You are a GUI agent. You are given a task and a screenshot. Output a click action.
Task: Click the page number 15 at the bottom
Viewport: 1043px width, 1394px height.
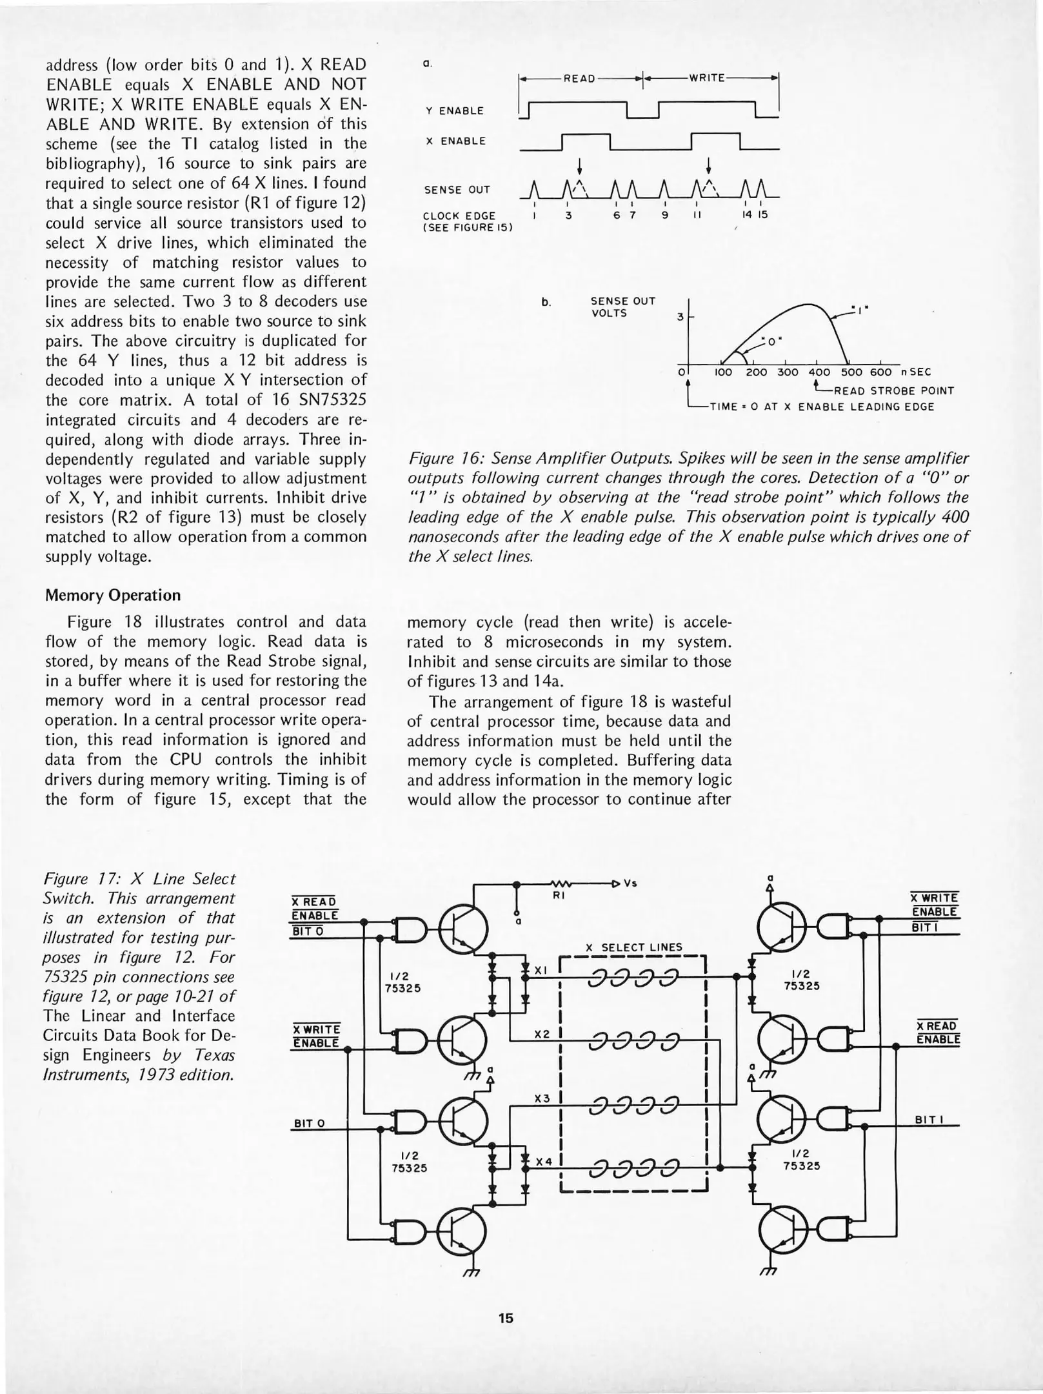coord(506,1318)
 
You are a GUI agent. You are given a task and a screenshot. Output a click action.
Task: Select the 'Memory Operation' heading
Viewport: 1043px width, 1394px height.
coord(113,595)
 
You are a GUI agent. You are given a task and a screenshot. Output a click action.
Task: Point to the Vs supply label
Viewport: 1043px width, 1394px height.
coord(630,884)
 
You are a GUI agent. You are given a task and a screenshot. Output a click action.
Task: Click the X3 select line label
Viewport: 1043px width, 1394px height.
coord(542,1098)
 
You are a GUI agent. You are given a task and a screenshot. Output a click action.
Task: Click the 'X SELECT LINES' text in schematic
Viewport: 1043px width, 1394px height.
coord(633,947)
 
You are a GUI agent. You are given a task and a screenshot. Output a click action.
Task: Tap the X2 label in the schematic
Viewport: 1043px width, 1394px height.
coord(542,1033)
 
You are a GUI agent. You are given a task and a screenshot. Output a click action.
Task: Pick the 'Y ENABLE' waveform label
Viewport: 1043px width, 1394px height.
coord(454,111)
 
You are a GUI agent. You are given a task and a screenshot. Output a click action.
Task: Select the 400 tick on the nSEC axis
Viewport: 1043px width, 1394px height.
coord(819,372)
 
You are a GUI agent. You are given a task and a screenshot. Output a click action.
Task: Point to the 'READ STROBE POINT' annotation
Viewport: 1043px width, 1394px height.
coord(894,390)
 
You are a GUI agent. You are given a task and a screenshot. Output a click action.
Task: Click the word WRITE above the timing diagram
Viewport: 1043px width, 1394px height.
coord(708,78)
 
